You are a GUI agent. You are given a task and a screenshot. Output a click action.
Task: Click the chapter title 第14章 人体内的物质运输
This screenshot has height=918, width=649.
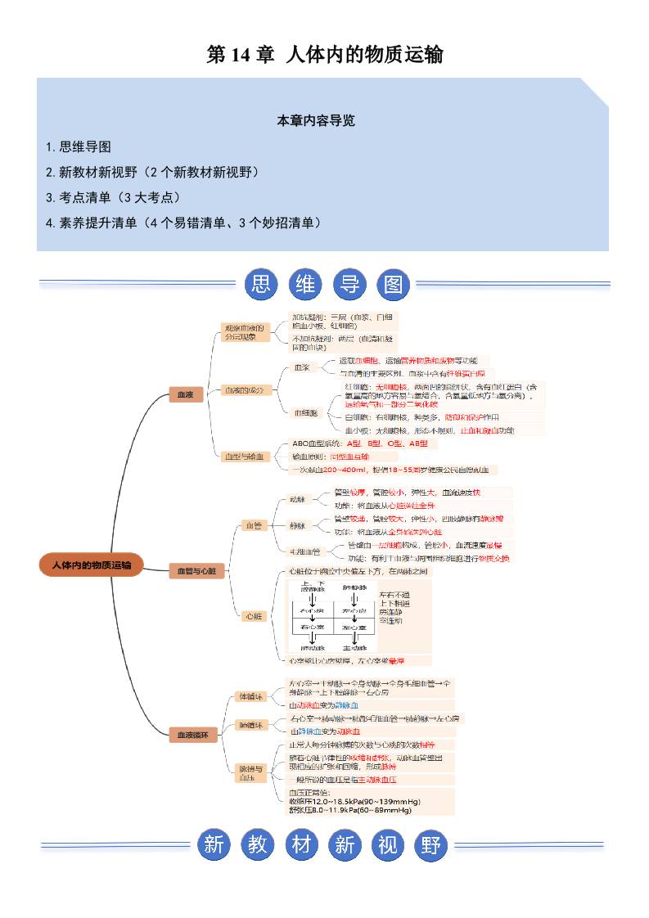coord(324,55)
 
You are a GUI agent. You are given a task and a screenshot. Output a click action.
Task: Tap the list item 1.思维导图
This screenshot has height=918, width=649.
coord(79,147)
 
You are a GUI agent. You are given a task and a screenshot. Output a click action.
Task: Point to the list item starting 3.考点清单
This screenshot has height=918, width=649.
coord(113,197)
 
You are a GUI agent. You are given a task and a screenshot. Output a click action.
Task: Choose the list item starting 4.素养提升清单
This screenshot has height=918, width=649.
coord(183,223)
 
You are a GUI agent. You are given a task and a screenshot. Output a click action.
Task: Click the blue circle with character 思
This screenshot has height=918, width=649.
coord(263,285)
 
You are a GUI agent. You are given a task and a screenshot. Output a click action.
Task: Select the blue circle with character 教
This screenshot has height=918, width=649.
coord(258,844)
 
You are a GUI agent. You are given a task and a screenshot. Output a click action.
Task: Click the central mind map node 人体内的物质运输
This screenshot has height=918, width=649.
coord(91,565)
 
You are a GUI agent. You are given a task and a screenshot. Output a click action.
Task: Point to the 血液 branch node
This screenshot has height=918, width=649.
coord(185,395)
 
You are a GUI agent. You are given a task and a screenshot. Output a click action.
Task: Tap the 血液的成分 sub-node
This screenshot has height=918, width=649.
coord(245,390)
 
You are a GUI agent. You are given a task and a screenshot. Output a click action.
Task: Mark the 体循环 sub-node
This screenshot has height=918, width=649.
coord(249,696)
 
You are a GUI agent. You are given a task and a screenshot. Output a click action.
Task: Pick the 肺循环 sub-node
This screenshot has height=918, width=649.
coord(249,724)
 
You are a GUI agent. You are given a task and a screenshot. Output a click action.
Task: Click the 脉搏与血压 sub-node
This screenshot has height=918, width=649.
coord(250,774)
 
